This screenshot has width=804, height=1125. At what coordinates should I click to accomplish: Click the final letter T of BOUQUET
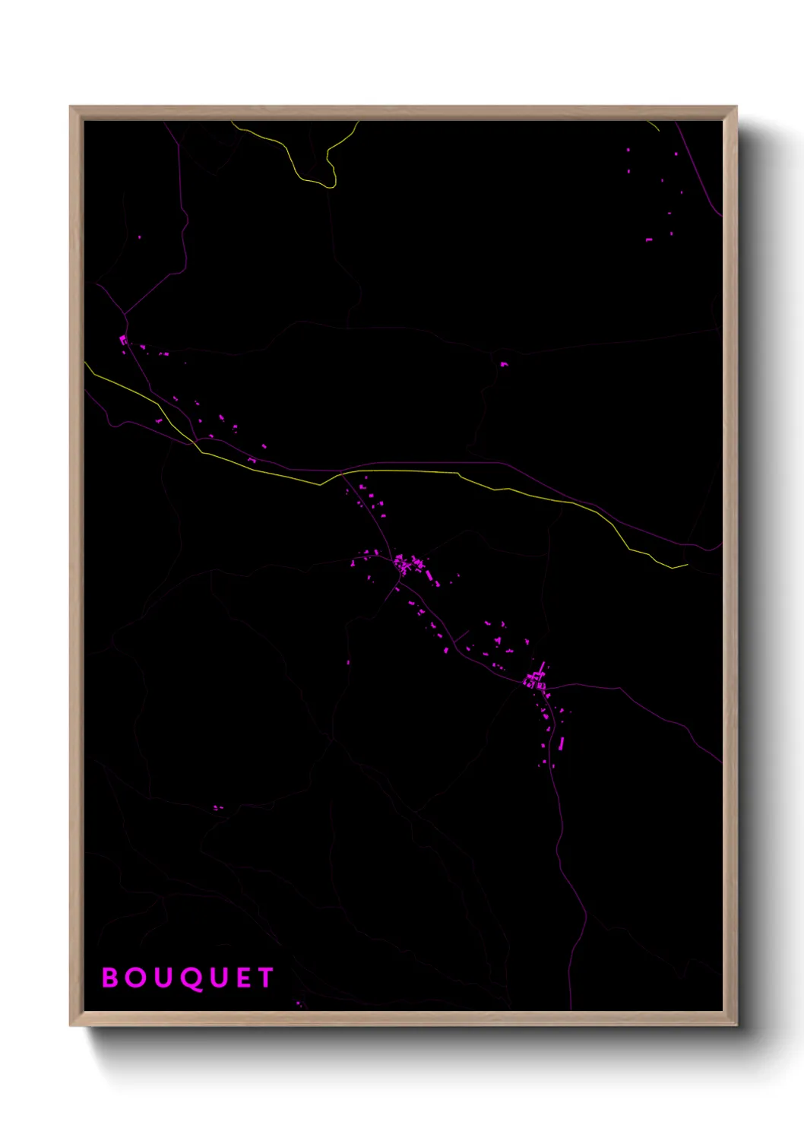pos(266,978)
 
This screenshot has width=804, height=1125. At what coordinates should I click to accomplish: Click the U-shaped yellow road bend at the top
pos(330,182)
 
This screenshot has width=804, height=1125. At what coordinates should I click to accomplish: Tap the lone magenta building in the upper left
pos(139,237)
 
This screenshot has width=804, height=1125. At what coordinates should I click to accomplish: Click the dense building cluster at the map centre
pos(404,565)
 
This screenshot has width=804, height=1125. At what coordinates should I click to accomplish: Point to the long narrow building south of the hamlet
pos(562,743)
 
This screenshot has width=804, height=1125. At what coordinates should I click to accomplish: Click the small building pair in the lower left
pos(217,807)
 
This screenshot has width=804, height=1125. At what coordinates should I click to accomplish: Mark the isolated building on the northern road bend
pos(503,364)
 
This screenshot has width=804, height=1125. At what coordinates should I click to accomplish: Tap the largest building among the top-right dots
pos(648,239)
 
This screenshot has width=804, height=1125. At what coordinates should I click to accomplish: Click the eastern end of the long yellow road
pos(686,565)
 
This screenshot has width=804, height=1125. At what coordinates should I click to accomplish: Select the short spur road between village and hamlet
pos(461,635)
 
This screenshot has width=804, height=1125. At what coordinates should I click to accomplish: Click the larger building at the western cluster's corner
pos(123,338)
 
